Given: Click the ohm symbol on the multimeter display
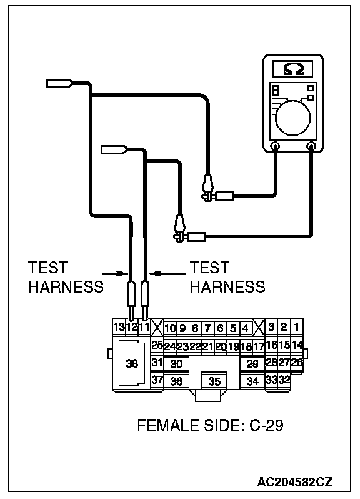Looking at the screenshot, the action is [293, 69].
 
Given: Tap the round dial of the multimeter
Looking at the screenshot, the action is [292, 118].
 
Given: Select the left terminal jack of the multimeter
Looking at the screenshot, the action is [275, 146].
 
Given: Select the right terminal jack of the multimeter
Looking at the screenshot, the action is [311, 146].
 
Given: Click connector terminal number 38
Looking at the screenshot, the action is [132, 363].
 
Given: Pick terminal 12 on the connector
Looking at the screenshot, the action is [132, 326].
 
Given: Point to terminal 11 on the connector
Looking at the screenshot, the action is [144, 326].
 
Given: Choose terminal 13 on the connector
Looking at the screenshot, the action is [119, 326].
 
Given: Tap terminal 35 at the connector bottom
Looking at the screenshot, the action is [214, 381].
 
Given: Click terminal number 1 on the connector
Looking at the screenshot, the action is [297, 326].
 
